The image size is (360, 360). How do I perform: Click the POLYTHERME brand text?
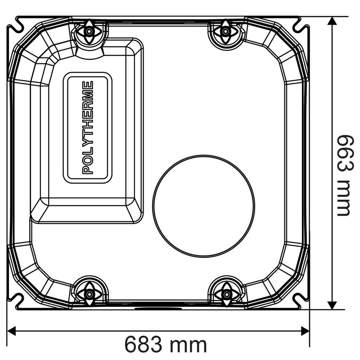[x=88, y=128]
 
